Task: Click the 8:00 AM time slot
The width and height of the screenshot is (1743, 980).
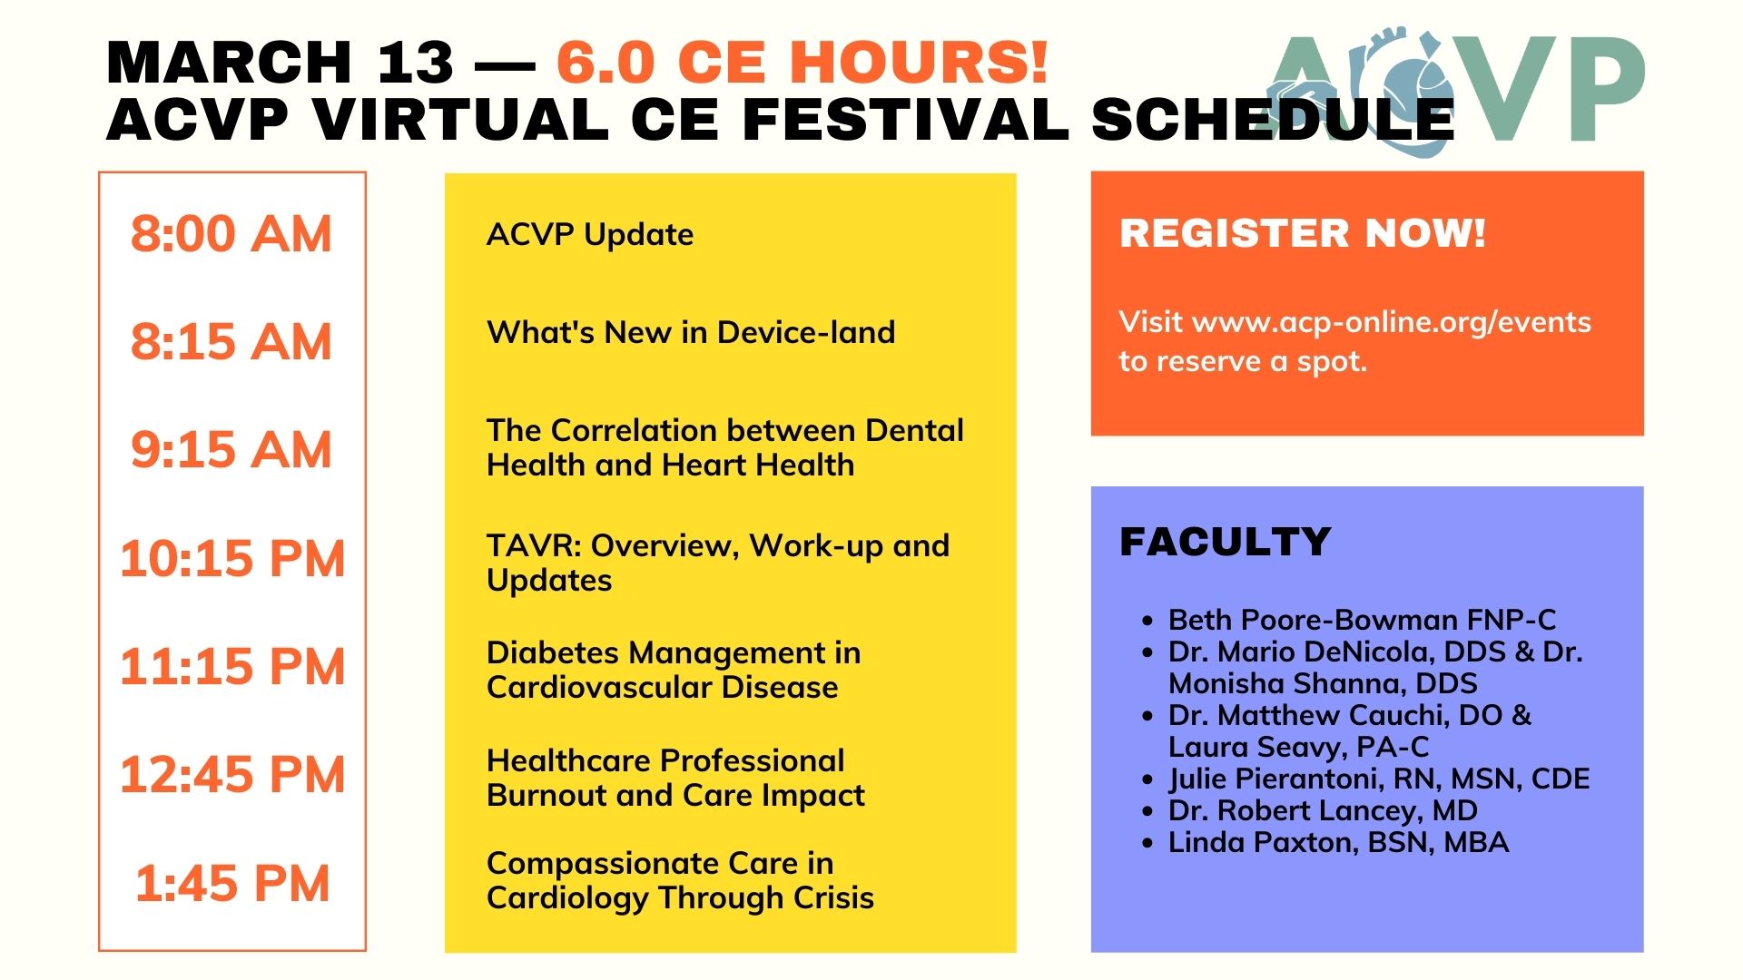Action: pyautogui.click(x=231, y=234)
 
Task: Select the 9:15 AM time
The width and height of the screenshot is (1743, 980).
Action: pyautogui.click(x=231, y=450)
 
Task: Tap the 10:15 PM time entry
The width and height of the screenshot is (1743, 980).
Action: pyautogui.click(x=232, y=558)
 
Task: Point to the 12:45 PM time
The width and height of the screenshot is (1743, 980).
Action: pyautogui.click(x=232, y=775)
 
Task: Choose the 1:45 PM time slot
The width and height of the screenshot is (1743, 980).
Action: pyautogui.click(x=232, y=883)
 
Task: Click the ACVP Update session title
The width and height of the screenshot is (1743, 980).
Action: pyautogui.click(x=590, y=235)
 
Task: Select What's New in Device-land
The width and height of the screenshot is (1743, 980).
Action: pyautogui.click(x=691, y=333)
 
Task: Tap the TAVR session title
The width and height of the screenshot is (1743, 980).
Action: pyautogui.click(x=718, y=563)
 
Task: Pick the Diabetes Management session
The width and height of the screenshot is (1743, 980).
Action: pyautogui.click(x=674, y=670)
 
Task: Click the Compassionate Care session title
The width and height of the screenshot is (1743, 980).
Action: pyautogui.click(x=680, y=880)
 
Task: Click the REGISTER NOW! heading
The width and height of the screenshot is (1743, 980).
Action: pyautogui.click(x=1303, y=233)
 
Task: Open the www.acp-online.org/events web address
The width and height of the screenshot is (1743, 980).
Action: pyautogui.click(x=1392, y=322)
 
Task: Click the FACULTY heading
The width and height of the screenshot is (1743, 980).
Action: pyautogui.click(x=1226, y=542)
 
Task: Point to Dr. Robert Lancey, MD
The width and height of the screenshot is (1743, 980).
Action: pyautogui.click(x=1323, y=810)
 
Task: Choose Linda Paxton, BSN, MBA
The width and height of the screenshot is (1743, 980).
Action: pyautogui.click(x=1338, y=842)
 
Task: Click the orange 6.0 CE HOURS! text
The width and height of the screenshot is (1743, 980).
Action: pyautogui.click(x=803, y=62)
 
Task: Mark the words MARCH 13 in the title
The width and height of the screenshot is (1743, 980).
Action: pyautogui.click(x=280, y=62)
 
